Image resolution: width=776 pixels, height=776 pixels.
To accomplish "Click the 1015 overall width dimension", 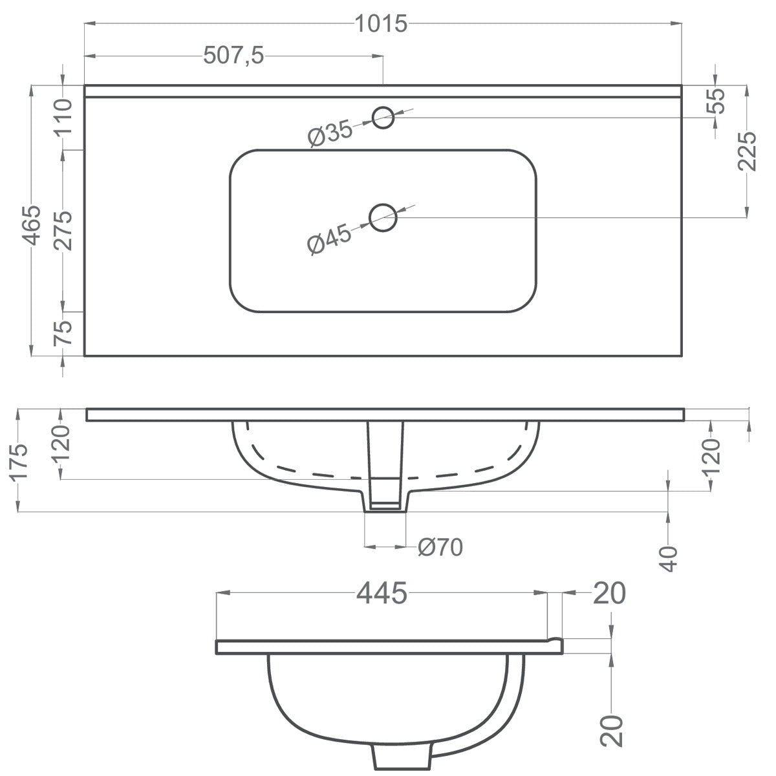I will tap(381, 24).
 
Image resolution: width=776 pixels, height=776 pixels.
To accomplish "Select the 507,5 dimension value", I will tap(233, 56).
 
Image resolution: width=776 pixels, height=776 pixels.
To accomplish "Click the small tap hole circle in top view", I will tap(383, 118).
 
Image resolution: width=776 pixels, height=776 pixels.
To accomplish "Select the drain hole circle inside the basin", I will tap(383, 217).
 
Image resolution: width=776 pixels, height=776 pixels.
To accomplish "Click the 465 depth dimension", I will tap(32, 226).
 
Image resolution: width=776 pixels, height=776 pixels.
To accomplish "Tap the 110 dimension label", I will tap(63, 118).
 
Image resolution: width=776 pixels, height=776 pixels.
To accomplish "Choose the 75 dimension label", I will tap(63, 334).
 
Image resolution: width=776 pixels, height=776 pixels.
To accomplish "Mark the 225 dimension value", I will tap(747, 151).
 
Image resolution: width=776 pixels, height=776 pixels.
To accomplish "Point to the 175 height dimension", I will tap(19, 460).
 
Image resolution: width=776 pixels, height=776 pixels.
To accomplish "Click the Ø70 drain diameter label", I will tap(440, 548).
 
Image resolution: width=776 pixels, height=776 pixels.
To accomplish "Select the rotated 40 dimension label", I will tap(669, 558).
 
